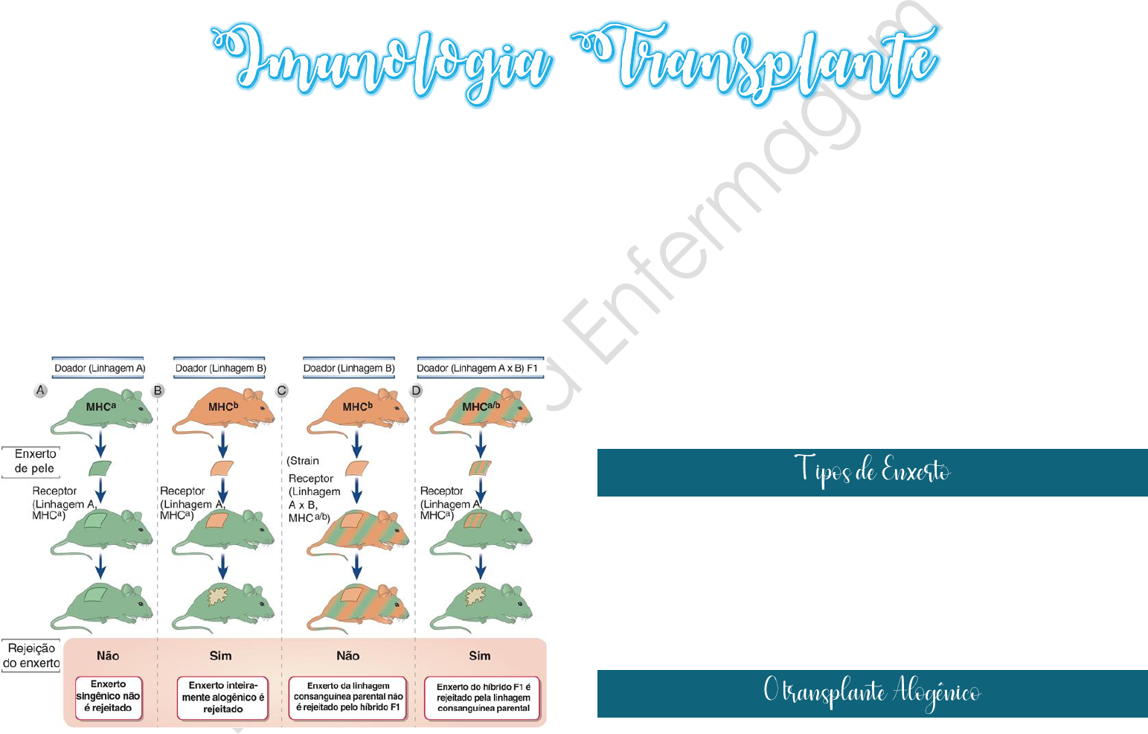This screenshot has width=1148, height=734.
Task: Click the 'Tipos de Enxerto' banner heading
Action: (x=872, y=471)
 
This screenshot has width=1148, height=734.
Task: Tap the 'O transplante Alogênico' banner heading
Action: (x=872, y=692)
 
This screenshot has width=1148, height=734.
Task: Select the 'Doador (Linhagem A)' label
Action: (x=99, y=368)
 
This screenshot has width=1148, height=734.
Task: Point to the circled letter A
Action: (x=41, y=390)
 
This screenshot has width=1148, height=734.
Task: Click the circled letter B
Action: (x=158, y=390)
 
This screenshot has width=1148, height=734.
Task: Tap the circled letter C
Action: (x=282, y=390)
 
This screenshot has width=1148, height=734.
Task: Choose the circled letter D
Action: (x=416, y=390)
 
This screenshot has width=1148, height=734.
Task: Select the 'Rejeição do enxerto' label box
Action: (x=31, y=656)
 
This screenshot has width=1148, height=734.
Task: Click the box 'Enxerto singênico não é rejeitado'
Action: (x=108, y=696)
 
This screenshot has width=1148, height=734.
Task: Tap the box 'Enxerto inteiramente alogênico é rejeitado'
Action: (x=222, y=698)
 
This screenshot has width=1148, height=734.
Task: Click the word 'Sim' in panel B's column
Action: (x=220, y=656)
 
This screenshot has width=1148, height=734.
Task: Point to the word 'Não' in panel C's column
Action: (x=347, y=656)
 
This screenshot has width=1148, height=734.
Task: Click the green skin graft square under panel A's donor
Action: (x=100, y=468)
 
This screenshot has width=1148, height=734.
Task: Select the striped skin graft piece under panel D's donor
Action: (x=481, y=468)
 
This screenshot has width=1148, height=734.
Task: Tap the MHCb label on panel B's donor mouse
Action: (x=223, y=406)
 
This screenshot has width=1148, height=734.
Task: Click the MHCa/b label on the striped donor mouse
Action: (x=481, y=406)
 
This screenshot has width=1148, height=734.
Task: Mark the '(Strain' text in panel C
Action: (x=304, y=461)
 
